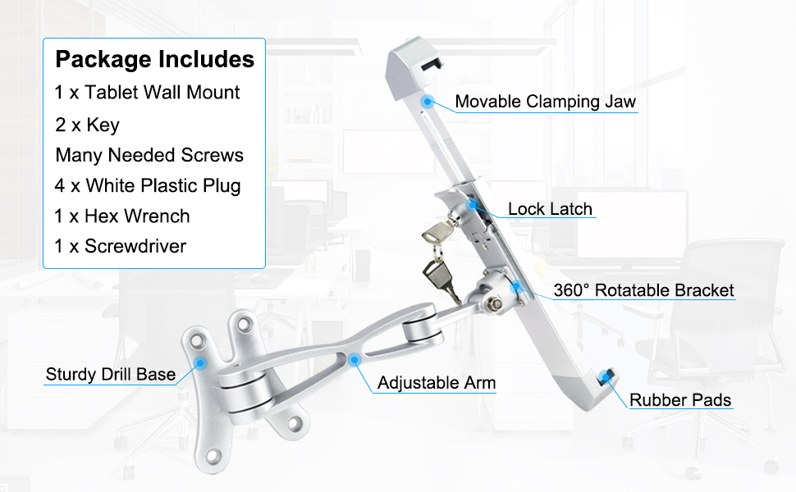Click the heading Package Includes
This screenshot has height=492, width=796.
[154, 60]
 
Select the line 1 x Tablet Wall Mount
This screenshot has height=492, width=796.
[148, 93]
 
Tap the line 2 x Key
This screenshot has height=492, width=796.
[88, 125]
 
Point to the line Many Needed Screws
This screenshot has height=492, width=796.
[149, 155]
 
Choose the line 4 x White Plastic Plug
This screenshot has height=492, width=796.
[149, 185]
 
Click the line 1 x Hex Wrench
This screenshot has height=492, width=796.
[122, 216]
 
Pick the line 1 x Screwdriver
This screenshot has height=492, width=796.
[121, 246]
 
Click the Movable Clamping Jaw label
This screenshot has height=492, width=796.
[546, 102]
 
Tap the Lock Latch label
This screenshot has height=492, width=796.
[550, 209]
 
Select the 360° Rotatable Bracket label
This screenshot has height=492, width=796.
[643, 290]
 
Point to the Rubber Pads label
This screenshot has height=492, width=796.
[680, 400]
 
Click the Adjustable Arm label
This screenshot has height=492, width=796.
[437, 383]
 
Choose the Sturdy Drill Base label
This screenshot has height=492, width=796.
[111, 375]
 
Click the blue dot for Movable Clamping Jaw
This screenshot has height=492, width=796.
[427, 102]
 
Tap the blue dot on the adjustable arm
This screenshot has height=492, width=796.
[354, 358]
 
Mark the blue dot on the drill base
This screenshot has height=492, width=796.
[201, 360]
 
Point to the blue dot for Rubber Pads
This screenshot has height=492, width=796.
[608, 376]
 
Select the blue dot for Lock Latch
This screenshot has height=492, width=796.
[473, 204]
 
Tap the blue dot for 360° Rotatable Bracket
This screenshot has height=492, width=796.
[517, 287]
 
